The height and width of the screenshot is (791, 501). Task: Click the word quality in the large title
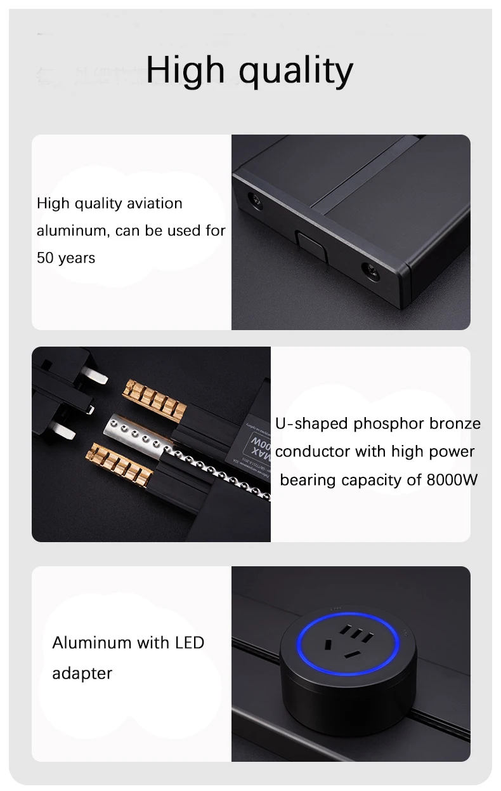pos(296,71)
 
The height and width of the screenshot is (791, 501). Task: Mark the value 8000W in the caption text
pos(452,480)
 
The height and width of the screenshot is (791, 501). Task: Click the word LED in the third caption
pos(189,642)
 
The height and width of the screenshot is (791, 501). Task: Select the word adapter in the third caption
pos(82,673)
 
